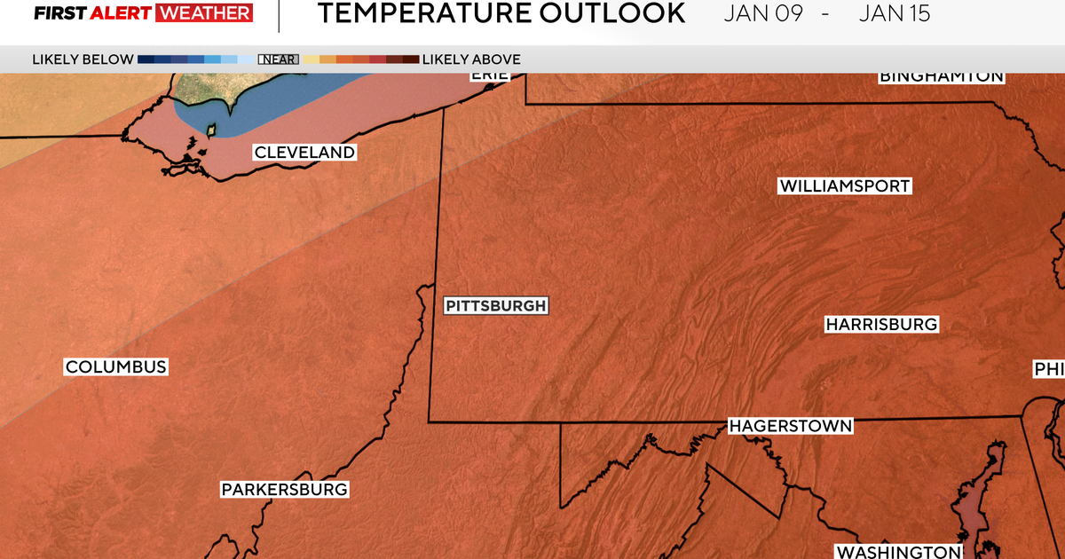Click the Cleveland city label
(x=304, y=153)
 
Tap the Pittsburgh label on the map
(x=495, y=306)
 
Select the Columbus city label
(x=115, y=367)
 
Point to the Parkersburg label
(x=284, y=489)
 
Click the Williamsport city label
(x=845, y=186)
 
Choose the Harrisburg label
(x=881, y=325)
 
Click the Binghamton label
(x=941, y=76)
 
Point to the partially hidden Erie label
(x=489, y=75)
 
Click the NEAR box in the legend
(x=278, y=59)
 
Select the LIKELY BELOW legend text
(x=83, y=59)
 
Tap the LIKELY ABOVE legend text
(x=471, y=59)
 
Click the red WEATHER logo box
(x=203, y=13)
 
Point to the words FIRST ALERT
(x=91, y=13)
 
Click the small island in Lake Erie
(x=211, y=130)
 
